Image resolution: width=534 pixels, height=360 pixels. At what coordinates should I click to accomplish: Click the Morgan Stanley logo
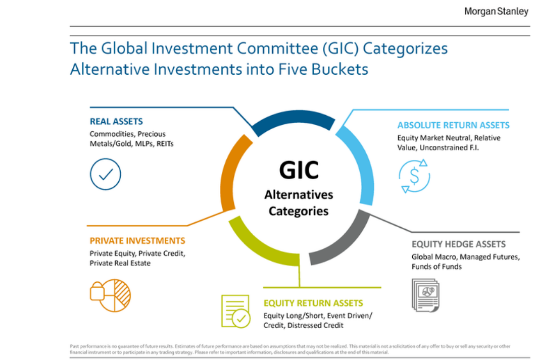[x=496, y=12]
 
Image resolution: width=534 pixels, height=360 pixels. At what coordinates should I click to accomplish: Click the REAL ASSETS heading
[x=116, y=122]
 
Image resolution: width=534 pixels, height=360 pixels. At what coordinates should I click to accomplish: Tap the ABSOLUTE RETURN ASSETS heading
[x=453, y=125]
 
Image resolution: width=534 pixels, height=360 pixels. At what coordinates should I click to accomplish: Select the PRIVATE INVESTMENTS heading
[x=137, y=240]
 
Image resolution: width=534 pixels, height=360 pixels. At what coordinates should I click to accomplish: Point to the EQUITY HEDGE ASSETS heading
[x=458, y=244]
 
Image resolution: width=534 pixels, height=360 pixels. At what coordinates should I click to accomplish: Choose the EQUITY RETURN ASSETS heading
[x=313, y=303]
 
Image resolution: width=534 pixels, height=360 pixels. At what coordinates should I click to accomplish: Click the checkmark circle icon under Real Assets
[x=106, y=174]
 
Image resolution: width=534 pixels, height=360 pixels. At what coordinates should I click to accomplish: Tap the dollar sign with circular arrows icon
[x=414, y=176]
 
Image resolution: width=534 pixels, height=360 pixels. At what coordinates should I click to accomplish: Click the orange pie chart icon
[x=110, y=295]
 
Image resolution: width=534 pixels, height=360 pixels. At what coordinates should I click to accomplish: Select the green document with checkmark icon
[x=235, y=312]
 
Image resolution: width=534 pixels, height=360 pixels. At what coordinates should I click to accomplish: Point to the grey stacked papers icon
[x=425, y=295]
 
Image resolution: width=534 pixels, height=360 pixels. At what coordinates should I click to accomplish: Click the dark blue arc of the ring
[x=294, y=117]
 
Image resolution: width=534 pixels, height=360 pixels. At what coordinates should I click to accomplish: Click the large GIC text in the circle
[x=299, y=170]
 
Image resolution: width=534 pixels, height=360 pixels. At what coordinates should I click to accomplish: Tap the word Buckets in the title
[x=339, y=69]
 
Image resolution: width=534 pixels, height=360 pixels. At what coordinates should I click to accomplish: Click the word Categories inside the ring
[x=299, y=211]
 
